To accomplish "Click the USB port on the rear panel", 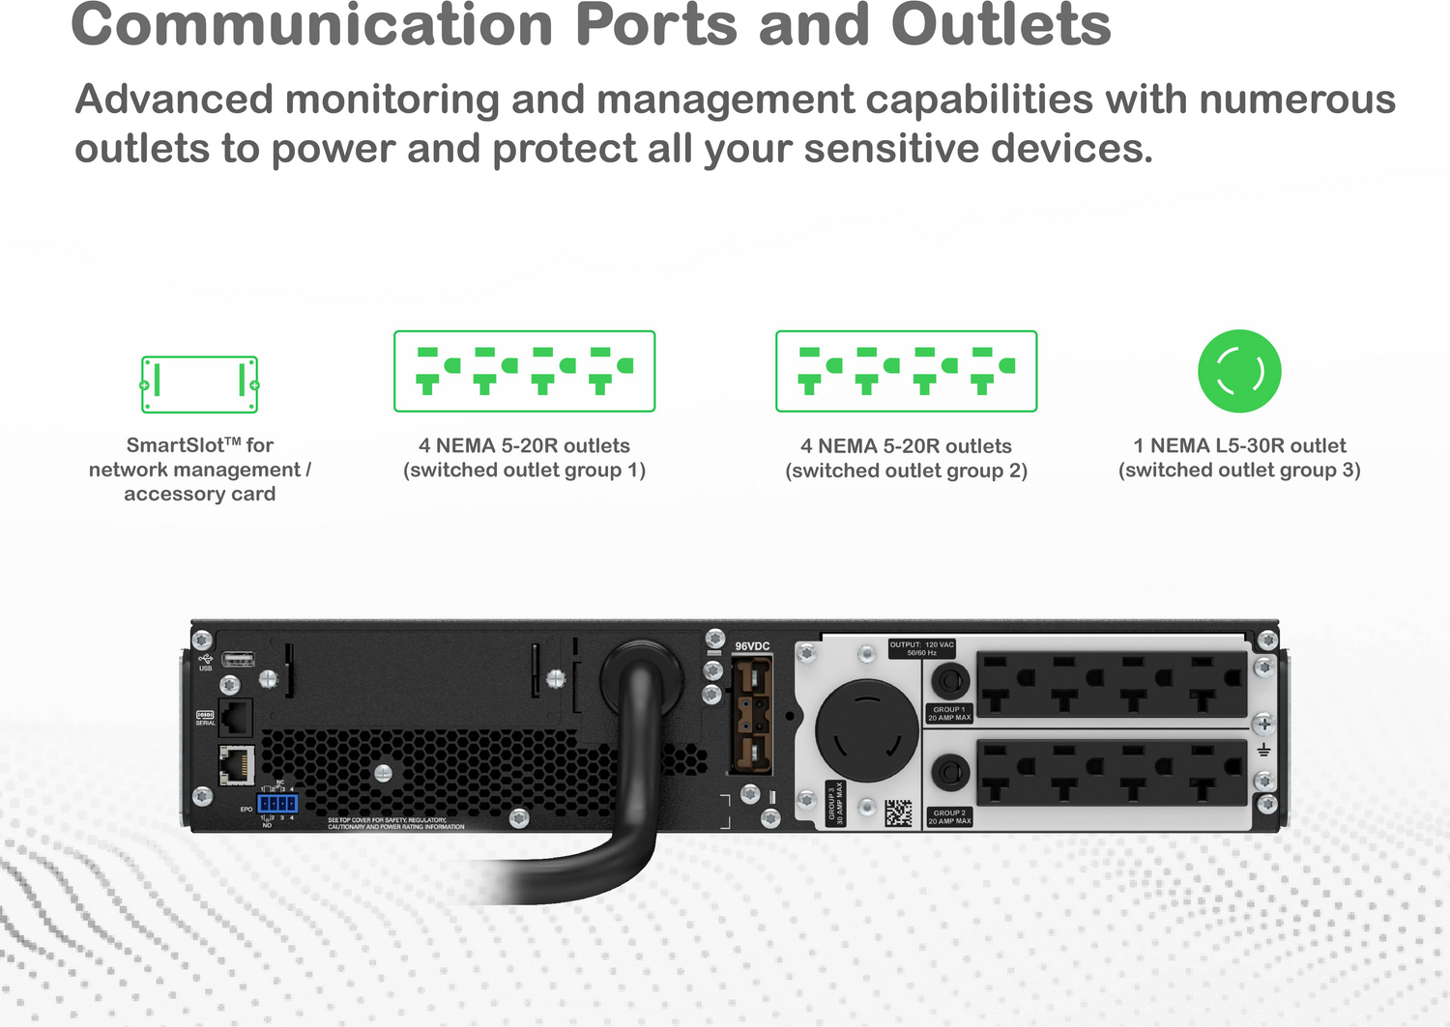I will [238, 659].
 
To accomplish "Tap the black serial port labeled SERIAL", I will [236, 718].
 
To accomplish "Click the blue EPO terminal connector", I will [277, 803].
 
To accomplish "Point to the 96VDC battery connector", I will [752, 714].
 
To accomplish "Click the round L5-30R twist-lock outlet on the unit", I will [866, 729].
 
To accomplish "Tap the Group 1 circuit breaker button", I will [950, 682].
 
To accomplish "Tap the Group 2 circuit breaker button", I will [950, 773].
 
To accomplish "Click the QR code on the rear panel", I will [898, 813].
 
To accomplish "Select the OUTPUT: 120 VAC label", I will [921, 648].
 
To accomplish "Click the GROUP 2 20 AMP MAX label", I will [949, 817].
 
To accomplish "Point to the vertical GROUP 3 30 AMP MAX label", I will [835, 803].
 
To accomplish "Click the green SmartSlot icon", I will [200, 385].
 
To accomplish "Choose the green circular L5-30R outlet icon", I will [1239, 371].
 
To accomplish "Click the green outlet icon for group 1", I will [524, 371].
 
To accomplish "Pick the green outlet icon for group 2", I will [906, 371].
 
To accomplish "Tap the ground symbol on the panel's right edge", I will [1263, 751].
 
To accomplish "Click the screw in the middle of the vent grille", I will [383, 773].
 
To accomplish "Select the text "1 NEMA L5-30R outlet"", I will [1239, 445].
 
